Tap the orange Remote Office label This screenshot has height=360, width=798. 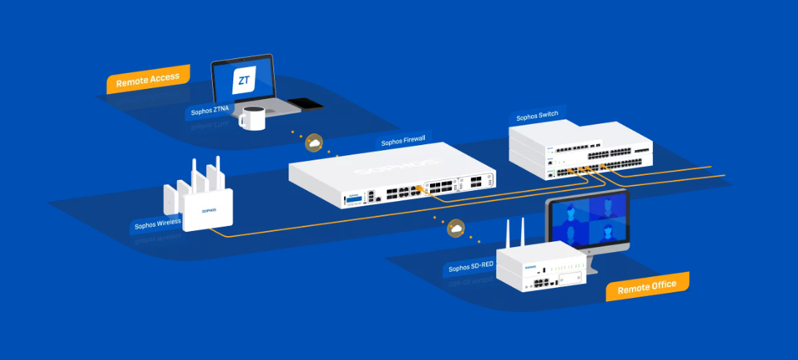[646, 286]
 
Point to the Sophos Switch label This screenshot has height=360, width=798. [537, 117]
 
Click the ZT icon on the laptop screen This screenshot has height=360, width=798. [243, 80]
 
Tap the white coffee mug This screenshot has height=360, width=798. [253, 118]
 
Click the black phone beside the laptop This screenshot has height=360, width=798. [305, 103]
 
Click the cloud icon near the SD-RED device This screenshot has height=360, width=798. [456, 230]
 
